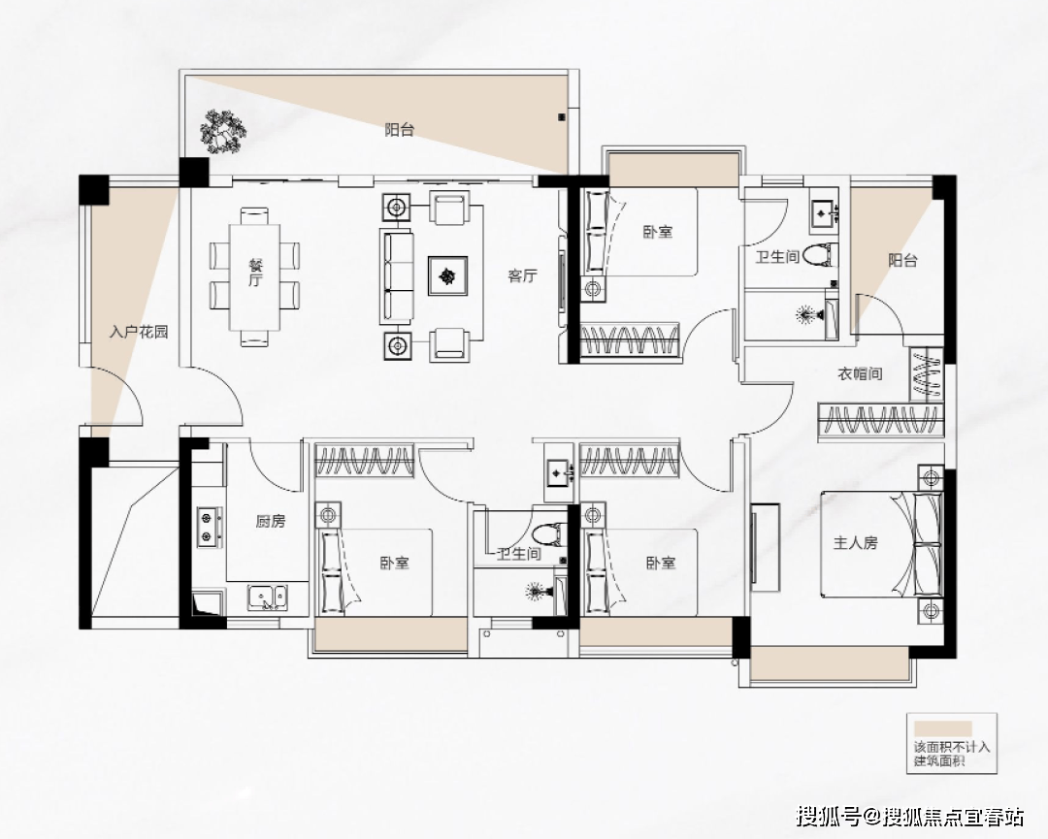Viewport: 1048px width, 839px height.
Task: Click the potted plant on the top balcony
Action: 221,131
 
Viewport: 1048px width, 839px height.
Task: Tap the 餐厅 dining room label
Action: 254,272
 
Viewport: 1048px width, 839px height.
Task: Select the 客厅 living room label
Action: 522,275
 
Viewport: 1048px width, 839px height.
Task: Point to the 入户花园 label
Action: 139,332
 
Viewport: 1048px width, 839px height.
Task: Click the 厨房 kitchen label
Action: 270,521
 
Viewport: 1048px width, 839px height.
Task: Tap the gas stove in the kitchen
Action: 210,527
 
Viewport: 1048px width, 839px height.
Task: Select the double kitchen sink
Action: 268,597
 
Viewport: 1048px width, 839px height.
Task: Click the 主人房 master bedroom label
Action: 855,542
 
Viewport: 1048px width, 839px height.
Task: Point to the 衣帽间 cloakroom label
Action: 860,373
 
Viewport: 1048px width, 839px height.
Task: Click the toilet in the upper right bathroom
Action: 820,255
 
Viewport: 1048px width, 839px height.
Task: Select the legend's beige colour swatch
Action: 943,728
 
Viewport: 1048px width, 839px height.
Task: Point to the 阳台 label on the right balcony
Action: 902,260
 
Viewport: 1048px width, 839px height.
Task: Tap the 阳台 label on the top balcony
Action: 399,130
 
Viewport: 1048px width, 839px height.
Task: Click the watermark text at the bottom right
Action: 911,816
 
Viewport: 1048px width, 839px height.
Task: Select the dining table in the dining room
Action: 254,276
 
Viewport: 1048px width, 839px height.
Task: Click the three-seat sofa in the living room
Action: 396,274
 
